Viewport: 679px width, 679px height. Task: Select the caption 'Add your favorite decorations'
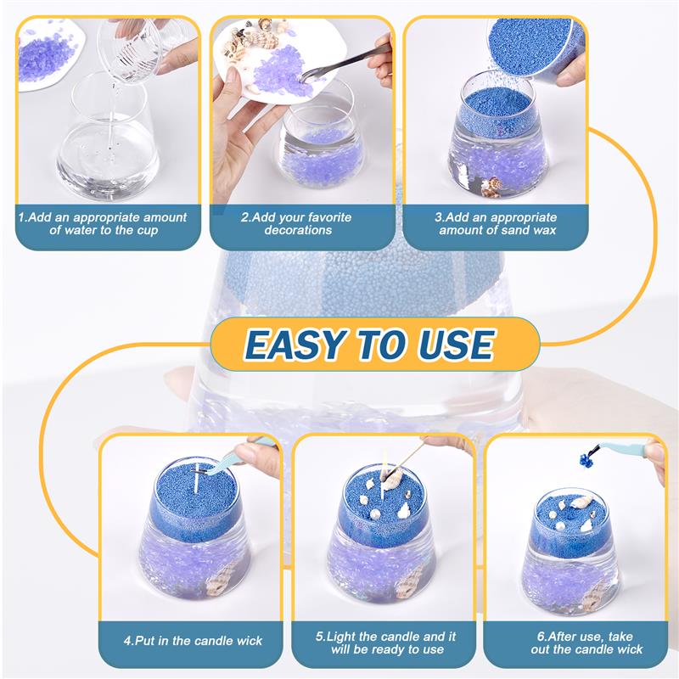tap(298, 223)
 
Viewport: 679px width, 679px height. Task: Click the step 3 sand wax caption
tap(496, 223)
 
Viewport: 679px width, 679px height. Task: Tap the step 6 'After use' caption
tap(577, 643)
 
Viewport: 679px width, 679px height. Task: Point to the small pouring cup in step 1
tap(132, 47)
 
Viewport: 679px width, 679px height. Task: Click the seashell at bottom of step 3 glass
tap(491, 188)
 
